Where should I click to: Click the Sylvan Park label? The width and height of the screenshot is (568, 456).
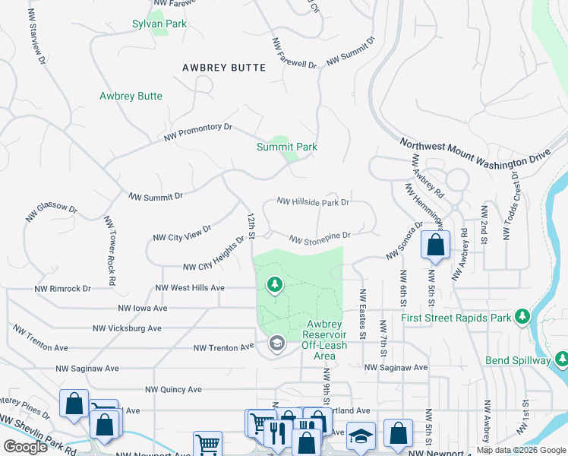[159, 24]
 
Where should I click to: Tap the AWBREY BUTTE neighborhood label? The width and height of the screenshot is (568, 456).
[224, 68]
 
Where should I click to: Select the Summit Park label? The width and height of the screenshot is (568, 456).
[286, 147]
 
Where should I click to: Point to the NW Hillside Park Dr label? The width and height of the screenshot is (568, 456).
[313, 202]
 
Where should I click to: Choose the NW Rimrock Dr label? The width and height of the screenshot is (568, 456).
[62, 289]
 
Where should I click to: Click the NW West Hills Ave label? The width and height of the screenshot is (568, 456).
[190, 288]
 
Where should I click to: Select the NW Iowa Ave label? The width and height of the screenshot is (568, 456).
[142, 309]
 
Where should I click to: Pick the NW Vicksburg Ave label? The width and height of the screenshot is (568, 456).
[127, 329]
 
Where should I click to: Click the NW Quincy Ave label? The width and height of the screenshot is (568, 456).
[169, 389]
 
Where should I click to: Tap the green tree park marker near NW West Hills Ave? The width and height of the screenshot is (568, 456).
[274, 285]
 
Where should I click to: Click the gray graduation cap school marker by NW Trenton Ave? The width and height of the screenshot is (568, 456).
[277, 344]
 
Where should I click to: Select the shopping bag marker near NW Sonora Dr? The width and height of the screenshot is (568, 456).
[435, 245]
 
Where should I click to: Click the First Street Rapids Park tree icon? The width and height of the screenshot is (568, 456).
[522, 315]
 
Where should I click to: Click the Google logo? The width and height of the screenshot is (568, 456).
[26, 447]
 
